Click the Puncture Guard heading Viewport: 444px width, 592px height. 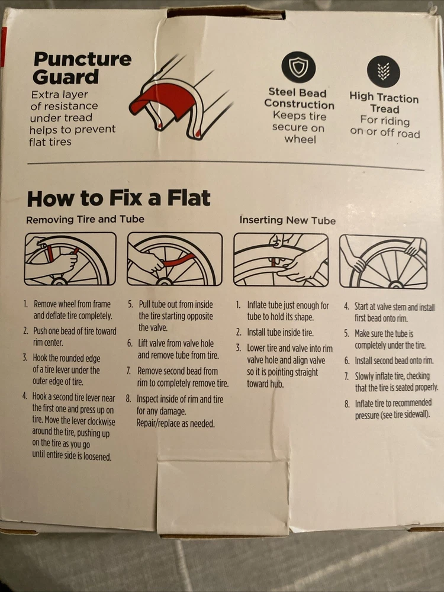click(82, 68)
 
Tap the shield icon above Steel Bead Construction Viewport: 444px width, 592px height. click(298, 67)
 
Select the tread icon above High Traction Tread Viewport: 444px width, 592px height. click(383, 71)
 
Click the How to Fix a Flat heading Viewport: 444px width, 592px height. click(118, 198)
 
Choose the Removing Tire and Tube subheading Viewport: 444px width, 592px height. click(85, 220)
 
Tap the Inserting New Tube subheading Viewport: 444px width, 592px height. click(287, 220)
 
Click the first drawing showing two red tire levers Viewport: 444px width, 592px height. click(70, 259)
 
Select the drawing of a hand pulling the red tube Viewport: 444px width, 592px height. click(175, 259)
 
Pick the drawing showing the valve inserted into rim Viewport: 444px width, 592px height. click(281, 260)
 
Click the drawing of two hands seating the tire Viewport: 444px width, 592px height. click(383, 262)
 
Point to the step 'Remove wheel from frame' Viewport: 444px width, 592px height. click(72, 304)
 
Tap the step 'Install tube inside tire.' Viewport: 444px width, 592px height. click(280, 332)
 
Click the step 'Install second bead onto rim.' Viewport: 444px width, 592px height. click(394, 361)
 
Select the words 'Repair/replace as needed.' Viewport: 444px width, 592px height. click(176, 423)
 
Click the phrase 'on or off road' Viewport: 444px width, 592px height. click(385, 133)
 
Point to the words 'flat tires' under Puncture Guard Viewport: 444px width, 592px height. click(50, 142)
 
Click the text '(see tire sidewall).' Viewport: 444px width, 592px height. click(392, 415)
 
